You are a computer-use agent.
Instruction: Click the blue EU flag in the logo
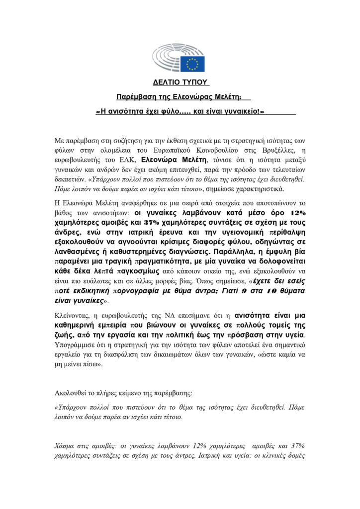coord(193,63)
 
